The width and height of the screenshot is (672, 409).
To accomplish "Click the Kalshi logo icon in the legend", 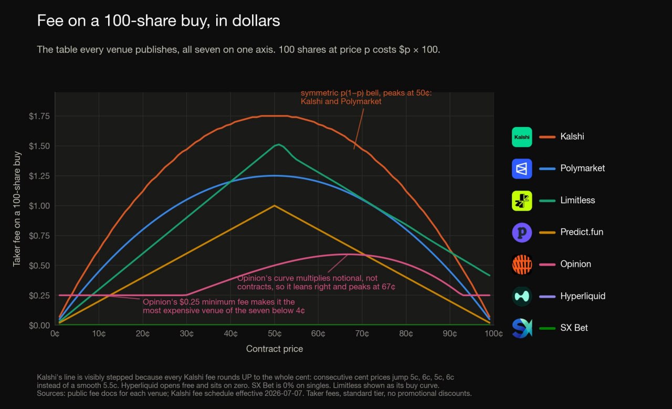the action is pos(522,137).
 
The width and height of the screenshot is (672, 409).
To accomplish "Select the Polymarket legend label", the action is pos(582,168).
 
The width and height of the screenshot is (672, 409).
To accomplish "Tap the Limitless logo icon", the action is pos(522,201).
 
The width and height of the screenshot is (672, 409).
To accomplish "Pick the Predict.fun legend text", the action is pos(582,232).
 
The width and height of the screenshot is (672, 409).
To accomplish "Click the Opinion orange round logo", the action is pos(522,264).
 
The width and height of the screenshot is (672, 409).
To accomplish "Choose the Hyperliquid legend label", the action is pos(583,296).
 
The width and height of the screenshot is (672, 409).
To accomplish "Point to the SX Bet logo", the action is pos(522,328).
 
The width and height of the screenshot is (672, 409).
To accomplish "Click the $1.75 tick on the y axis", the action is pos(39,116).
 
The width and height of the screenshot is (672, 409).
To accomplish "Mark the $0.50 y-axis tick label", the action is pos(39,266).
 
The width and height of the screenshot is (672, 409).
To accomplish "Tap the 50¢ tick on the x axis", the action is pos(275,334).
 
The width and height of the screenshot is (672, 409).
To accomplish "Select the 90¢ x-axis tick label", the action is pos(450,334).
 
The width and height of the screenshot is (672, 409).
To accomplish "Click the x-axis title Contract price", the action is pos(275,349).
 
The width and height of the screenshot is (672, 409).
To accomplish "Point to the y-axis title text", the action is pos(17,209).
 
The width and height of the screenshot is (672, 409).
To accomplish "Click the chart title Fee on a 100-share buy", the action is pos(159,20).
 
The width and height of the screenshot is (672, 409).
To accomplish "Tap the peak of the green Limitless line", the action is pos(279,144).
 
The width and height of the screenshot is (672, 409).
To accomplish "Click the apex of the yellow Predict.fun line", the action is pos(274,206).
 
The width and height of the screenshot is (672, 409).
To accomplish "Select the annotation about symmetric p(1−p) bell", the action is pos(366,97).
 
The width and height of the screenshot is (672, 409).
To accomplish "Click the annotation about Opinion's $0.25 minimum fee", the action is pos(224,306).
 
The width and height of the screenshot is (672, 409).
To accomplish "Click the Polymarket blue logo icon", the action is pos(522,169).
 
